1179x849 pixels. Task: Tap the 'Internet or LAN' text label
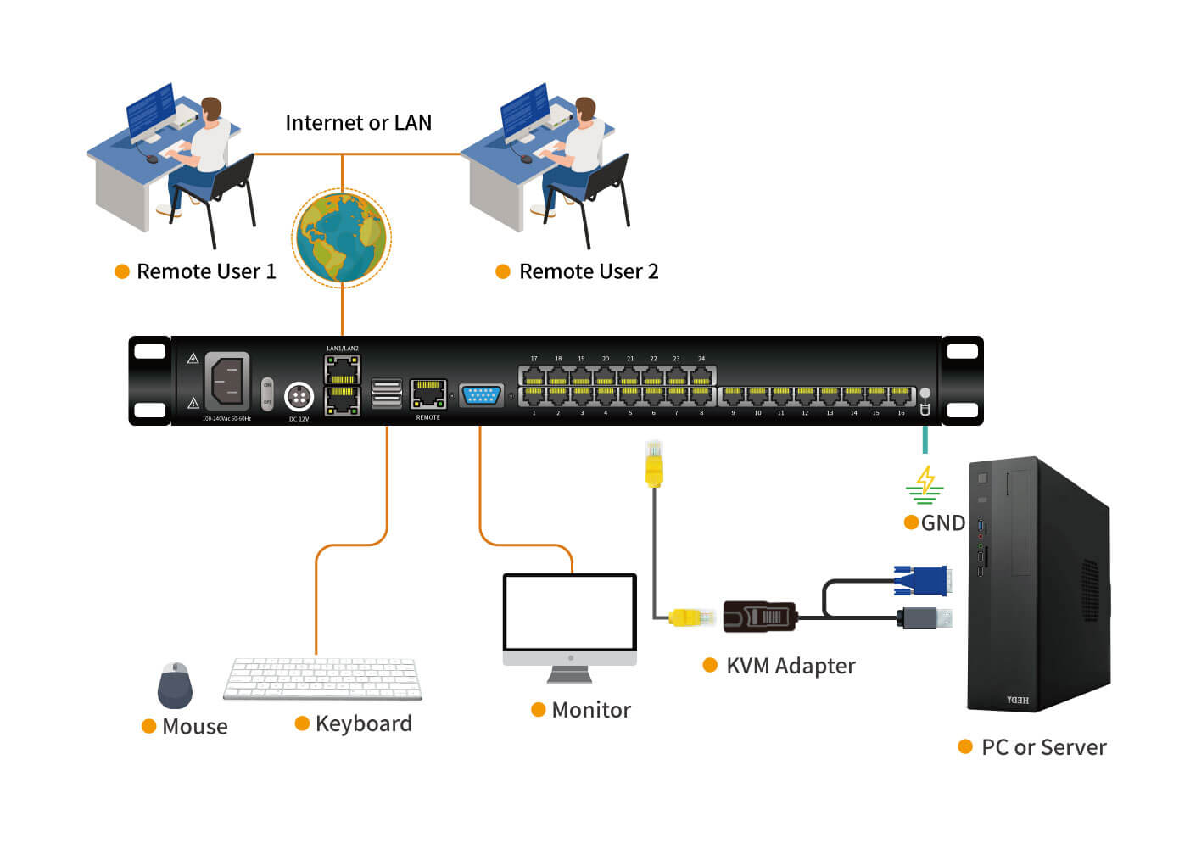pos(358,123)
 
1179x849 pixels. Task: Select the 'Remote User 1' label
pos(206,271)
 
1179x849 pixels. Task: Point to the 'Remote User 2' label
pos(589,271)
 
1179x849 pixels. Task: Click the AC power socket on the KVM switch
pos(227,381)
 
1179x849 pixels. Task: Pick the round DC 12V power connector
pos(299,396)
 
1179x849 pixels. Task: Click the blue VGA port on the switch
pos(481,395)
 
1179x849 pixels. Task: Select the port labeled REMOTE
pos(428,394)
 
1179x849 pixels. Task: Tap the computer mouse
pos(175,685)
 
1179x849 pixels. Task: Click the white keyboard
pos(322,679)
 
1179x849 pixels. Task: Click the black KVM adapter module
pos(760,616)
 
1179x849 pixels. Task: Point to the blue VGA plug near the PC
pos(921,581)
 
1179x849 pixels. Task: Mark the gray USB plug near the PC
pos(924,617)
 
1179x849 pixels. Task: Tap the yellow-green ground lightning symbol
pos(925,484)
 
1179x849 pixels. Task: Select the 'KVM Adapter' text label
pos(791,666)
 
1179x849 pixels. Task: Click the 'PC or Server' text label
pos(1043,747)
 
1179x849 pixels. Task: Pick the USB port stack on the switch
pos(387,394)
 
